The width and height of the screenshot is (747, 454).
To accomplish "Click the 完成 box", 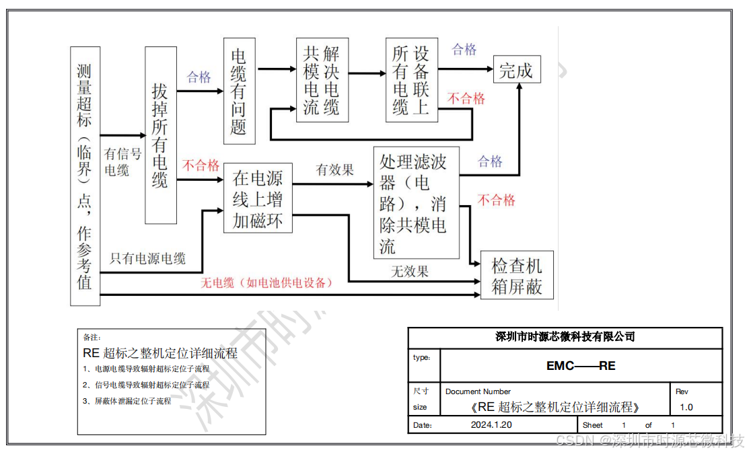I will tap(516, 71).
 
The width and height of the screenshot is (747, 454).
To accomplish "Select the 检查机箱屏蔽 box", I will tap(517, 276).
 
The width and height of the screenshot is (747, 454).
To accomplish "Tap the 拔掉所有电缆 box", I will tap(161, 135).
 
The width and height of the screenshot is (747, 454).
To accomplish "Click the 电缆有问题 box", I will tap(240, 91).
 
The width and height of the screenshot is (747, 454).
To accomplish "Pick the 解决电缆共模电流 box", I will tap(322, 80).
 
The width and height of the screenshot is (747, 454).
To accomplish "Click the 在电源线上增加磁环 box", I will tap(258, 199).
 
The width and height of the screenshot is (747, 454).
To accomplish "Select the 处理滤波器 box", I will tap(416, 202).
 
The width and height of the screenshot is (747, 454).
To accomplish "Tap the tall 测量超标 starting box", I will tap(85, 176).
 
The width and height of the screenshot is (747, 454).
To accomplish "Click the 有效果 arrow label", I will tap(335, 170).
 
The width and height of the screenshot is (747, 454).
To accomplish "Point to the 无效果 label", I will tap(410, 272).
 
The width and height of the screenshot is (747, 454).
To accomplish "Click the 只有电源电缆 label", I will tap(148, 258).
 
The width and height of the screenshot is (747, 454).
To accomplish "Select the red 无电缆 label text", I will tap(266, 283).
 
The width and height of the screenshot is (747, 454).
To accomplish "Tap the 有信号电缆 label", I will tap(122, 162).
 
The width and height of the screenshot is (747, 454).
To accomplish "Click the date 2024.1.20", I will tap(491, 425).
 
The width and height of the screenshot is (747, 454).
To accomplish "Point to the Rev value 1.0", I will tap(686, 407).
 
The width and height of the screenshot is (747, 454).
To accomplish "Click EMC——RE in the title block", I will tap(581, 366).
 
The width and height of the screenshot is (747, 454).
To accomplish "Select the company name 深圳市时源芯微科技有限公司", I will tap(565, 337).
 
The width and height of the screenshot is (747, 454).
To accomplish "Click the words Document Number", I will tap(478, 391).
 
